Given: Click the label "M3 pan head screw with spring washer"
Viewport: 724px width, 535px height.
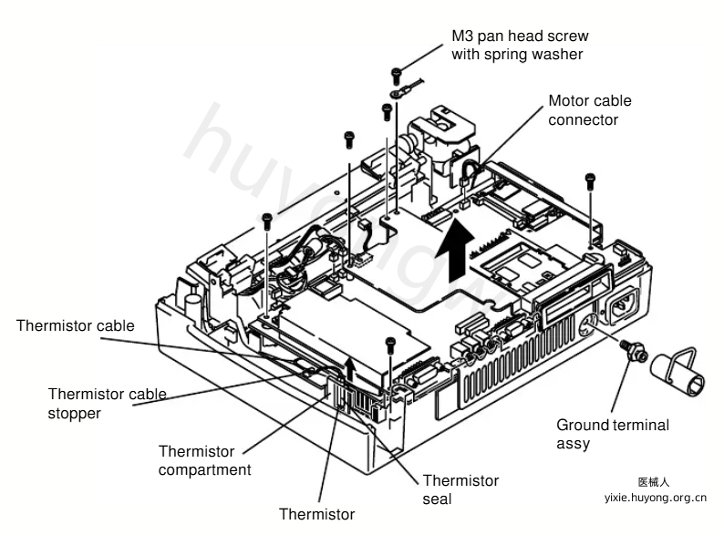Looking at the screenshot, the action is click(520, 45).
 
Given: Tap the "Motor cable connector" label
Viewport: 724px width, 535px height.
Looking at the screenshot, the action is click(590, 110).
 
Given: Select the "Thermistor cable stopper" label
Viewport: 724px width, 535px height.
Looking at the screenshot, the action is click(107, 404).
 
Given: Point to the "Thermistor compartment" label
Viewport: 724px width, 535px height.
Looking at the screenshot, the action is click(204, 460).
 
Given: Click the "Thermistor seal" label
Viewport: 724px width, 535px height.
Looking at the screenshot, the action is click(460, 489).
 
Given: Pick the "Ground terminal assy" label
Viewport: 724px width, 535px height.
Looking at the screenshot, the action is click(612, 434).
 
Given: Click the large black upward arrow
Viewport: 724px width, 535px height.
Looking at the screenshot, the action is click(455, 250).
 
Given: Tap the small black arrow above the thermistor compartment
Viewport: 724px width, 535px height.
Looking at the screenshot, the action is click(351, 368).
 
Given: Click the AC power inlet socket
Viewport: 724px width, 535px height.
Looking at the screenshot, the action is click(626, 304).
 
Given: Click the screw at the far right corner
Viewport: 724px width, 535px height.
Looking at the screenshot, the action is click(590, 180).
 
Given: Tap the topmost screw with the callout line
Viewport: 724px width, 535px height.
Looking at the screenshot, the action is click(396, 76).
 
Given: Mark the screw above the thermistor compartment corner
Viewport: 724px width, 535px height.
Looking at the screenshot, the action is click(390, 345).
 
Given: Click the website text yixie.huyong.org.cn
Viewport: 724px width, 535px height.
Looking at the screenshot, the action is click(656, 498).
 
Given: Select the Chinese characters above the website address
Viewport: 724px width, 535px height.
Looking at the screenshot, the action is click(654, 482).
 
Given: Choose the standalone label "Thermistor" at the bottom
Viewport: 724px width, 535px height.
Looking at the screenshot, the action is click(316, 514).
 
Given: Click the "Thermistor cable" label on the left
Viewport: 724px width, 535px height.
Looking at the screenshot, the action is click(76, 326).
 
